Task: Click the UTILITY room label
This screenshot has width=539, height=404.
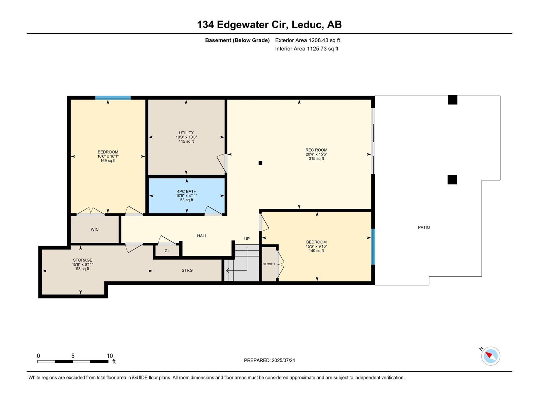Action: [x=186, y=133]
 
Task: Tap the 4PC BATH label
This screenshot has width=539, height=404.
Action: [x=187, y=191]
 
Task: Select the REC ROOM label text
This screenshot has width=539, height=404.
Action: [x=316, y=150]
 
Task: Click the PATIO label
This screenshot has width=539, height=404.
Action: [x=424, y=227]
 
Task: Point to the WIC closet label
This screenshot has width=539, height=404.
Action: [x=95, y=229]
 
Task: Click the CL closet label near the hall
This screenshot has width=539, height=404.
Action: [x=167, y=251]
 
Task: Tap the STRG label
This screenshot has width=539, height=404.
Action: [x=187, y=270]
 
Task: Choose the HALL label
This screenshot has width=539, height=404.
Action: [x=202, y=236]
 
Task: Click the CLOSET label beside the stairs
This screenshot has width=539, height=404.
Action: [x=269, y=264]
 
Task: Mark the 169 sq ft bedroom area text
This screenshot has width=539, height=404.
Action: [x=108, y=161]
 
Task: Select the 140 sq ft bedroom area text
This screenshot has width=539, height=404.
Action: [x=316, y=250]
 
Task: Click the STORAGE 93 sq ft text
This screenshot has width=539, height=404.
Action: [x=83, y=269]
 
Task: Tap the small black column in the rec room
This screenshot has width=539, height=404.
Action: [x=260, y=163]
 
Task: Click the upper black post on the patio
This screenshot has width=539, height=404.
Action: [x=452, y=100]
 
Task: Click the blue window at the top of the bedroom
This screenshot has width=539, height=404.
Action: [x=113, y=98]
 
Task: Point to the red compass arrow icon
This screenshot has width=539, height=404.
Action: [x=489, y=355]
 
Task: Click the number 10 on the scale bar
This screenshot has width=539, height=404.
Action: [x=110, y=356]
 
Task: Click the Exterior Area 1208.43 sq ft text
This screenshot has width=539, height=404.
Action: [x=307, y=40]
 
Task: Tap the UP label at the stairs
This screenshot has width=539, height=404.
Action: [x=247, y=239]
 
